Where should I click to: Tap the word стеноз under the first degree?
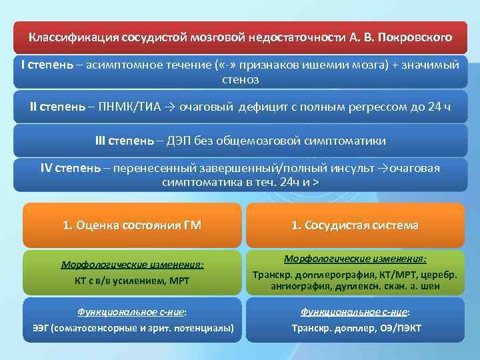[x=240, y=80]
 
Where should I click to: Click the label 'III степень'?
[x=124, y=141]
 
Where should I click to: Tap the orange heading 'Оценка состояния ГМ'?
[x=138, y=225]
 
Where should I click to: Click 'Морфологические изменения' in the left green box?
[x=132, y=265]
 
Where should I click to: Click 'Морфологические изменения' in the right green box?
[x=355, y=259]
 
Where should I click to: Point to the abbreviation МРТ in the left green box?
[x=177, y=281]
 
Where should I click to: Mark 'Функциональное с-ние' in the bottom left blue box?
[x=132, y=311]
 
